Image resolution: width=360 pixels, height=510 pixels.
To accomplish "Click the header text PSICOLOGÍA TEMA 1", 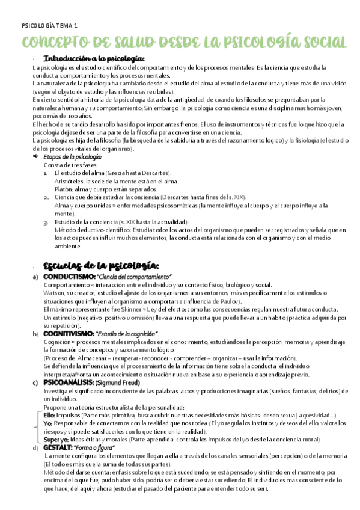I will point(49,26).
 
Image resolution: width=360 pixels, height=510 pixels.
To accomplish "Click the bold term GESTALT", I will point(59,448).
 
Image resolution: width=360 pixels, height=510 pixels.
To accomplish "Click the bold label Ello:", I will point(50,415).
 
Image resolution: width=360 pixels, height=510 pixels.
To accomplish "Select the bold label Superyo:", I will point(56,440).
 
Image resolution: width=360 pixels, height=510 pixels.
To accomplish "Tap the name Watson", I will point(54,292).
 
